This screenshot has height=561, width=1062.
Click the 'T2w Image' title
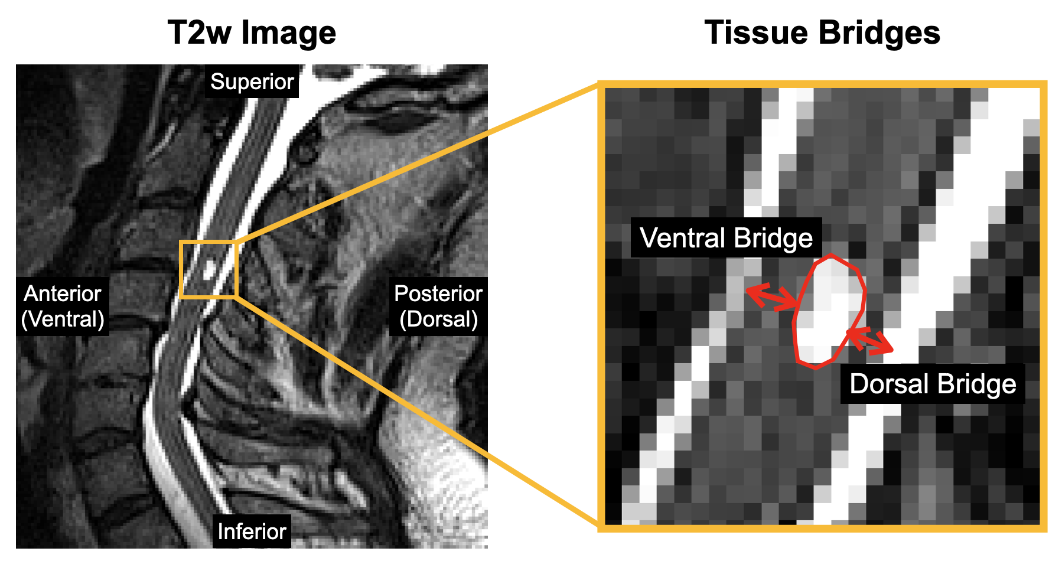[x=252, y=32]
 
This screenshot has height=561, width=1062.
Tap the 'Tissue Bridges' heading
[x=822, y=32]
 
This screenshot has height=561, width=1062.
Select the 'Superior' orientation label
[x=252, y=81]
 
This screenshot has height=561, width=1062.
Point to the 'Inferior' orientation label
[x=252, y=531]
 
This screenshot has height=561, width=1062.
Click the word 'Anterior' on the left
[x=63, y=293]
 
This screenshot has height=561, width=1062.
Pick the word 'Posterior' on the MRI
[x=438, y=293]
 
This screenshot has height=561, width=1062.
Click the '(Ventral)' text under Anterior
[x=63, y=319]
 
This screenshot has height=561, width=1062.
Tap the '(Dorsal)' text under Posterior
[x=438, y=319]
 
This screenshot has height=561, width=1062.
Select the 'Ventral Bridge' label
[x=726, y=239]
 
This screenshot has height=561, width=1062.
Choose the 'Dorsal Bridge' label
[x=933, y=384]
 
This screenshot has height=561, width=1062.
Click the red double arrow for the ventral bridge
[x=771, y=298]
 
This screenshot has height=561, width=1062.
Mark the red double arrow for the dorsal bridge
[x=870, y=341]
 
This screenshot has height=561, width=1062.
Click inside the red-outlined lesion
[x=827, y=310]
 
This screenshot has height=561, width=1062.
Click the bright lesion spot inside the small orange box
[x=209, y=272]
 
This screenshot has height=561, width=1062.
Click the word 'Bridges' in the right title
[x=880, y=32]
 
